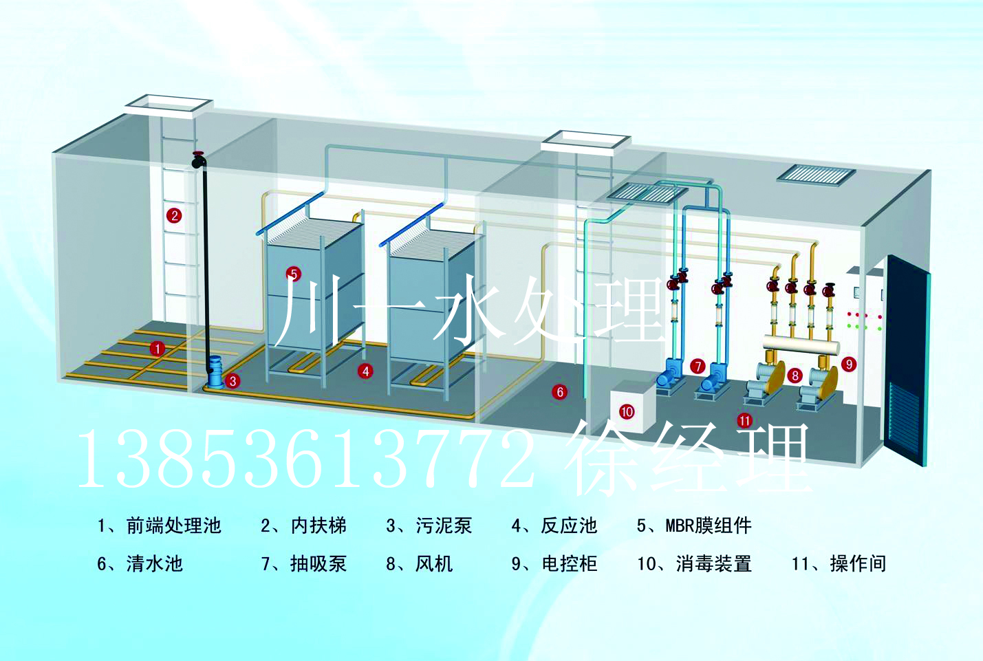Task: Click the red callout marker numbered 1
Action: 157,349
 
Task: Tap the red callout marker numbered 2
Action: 174,215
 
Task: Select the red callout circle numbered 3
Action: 233,380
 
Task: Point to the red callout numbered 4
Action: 365,371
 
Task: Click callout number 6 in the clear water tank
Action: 559,392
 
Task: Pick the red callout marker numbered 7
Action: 698,366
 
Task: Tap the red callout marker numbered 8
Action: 795,376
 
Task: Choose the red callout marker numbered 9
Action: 849,364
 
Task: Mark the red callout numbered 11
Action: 744,421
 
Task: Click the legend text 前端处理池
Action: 173,525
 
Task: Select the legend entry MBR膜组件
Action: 709,525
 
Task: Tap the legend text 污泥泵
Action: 444,525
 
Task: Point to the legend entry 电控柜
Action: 569,563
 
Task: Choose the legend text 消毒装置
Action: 714,563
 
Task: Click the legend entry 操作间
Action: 858,563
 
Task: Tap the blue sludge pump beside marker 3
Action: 215,371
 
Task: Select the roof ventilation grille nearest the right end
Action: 815,173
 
